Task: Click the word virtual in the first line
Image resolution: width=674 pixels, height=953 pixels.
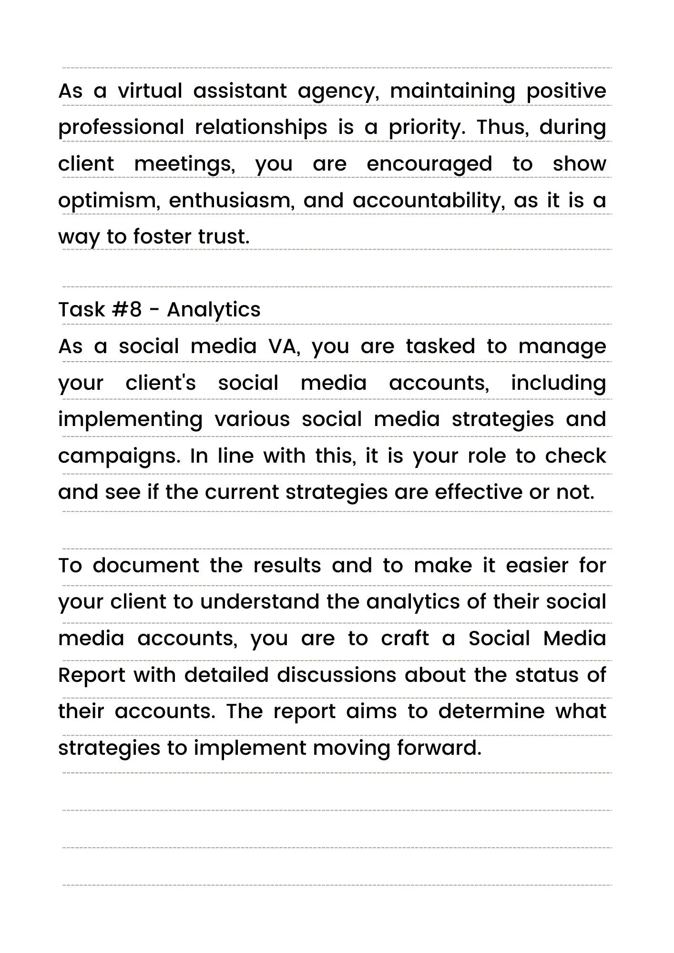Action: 150,91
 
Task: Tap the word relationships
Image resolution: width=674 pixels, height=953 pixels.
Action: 261,127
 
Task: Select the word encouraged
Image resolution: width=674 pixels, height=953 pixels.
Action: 429,164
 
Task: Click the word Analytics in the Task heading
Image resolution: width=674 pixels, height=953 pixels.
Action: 214,310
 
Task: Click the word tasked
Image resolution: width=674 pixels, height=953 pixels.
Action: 440,346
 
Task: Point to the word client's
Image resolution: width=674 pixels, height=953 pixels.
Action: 161,383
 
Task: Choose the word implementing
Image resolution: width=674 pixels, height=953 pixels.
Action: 130,419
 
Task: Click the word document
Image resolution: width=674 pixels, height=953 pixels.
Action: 146,566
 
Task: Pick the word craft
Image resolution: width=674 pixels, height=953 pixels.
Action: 405,639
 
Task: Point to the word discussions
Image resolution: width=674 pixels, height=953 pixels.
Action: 337,675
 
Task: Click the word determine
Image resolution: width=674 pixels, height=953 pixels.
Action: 491,711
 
